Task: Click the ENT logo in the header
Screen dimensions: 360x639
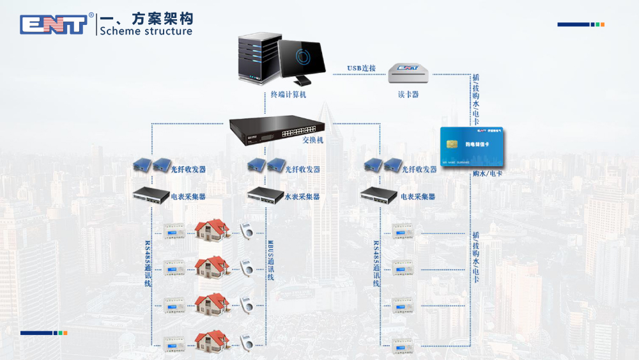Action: click(54, 24)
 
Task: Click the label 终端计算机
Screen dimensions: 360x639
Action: click(288, 95)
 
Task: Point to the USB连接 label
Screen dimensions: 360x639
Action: click(361, 68)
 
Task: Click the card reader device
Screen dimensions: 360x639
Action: click(407, 73)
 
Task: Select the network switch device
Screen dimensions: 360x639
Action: click(277, 130)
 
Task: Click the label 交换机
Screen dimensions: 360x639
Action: click(313, 140)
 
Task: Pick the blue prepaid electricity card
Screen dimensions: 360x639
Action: click(472, 146)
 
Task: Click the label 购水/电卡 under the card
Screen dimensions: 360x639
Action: click(488, 174)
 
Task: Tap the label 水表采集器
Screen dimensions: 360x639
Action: click(302, 197)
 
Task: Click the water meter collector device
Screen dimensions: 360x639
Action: click(265, 194)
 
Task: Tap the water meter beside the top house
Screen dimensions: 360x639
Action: click(246, 231)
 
